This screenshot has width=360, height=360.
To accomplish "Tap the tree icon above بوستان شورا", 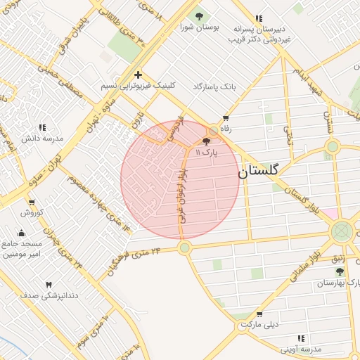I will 199,15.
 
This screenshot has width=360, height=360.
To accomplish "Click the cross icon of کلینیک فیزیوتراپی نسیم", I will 138,74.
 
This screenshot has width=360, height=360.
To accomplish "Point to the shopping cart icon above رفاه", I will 225,118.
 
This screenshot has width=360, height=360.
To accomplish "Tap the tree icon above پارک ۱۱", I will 205,141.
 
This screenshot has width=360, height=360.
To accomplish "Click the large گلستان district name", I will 258,170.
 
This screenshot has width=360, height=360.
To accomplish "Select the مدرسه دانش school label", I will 42,139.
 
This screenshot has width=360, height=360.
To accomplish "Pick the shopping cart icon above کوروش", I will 32,200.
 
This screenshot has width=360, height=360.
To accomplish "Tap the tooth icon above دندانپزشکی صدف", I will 48,285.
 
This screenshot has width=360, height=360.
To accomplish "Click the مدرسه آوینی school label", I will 301,349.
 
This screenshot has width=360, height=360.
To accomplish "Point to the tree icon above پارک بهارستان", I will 340,271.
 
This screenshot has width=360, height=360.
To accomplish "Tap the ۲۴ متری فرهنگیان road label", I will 135,259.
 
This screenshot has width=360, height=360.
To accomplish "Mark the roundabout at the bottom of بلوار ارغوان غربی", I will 185,247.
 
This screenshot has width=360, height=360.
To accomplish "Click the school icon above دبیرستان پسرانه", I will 259,18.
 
